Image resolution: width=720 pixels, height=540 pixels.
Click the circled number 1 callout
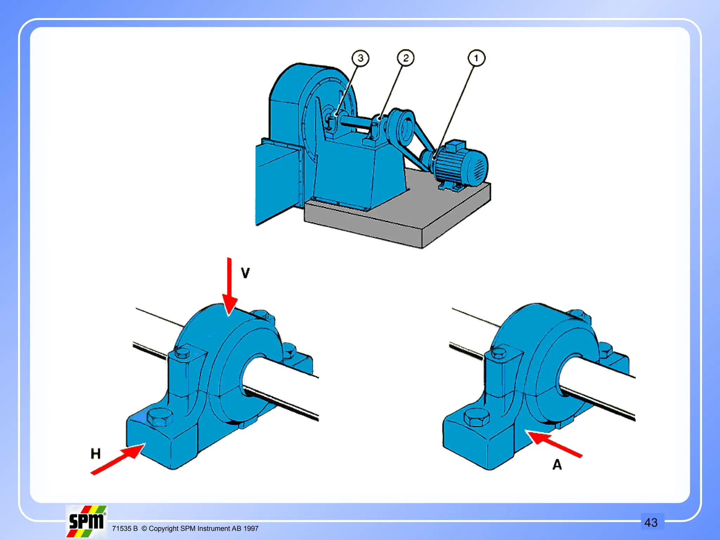click(x=476, y=58)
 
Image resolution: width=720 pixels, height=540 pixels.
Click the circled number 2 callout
click(x=406, y=58)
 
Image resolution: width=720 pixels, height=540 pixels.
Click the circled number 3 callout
click(x=360, y=58)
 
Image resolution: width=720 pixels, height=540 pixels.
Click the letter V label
click(x=245, y=273)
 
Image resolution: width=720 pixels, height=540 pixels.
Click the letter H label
click(x=96, y=454)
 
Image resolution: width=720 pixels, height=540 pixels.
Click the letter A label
click(x=557, y=465)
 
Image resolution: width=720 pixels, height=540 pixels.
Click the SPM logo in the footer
click(x=86, y=521)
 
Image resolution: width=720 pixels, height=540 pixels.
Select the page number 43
click(x=651, y=522)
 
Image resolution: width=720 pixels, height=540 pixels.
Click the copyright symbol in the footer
click(x=144, y=528)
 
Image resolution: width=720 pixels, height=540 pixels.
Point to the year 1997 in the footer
click(x=251, y=528)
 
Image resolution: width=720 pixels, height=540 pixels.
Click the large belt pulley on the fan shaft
click(x=401, y=127)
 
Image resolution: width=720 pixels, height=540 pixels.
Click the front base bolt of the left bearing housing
click(x=160, y=417)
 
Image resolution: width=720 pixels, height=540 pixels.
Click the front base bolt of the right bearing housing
click(x=476, y=417)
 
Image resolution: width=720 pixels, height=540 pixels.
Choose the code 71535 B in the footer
click(x=124, y=528)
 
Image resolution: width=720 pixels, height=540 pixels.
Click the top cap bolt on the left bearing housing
click(x=182, y=352)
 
